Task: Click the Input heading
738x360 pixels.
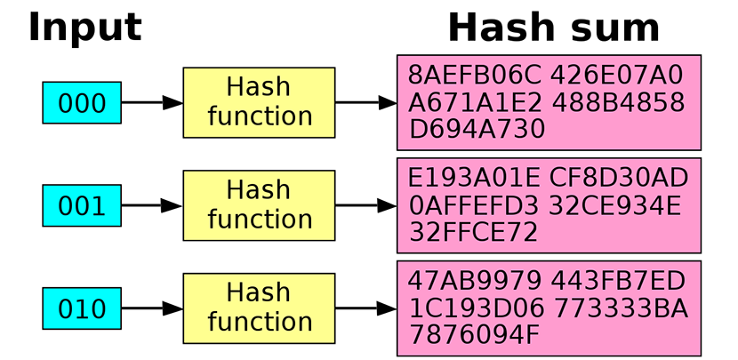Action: [84, 28]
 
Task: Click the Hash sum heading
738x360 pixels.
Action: [553, 28]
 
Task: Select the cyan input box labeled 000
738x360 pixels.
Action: [82, 103]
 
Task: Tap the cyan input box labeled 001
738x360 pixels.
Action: [82, 205]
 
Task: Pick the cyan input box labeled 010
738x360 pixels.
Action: [82, 308]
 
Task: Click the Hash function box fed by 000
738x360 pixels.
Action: [259, 102]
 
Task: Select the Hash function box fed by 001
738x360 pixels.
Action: [259, 204]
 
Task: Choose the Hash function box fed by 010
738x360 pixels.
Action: [259, 308]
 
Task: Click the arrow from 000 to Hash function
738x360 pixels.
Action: [152, 103]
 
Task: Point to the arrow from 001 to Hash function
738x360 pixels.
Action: [152, 205]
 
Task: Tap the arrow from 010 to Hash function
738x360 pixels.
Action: [152, 308]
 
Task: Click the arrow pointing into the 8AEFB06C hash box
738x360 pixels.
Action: [365, 103]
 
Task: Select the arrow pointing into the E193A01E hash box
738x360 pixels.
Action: [365, 205]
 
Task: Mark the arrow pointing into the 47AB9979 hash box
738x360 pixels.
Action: [365, 308]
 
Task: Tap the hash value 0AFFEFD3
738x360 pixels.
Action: [474, 205]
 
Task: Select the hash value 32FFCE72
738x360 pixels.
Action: [473, 233]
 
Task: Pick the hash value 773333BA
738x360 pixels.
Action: [619, 308]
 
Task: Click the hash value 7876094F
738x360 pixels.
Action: [474, 336]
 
